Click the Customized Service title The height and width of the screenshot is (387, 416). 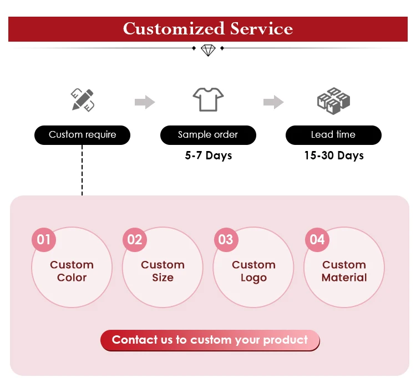coord(208,28)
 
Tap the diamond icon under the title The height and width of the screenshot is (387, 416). coord(208,49)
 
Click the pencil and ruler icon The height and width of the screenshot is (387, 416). coord(83,100)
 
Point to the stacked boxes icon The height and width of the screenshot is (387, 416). coord(333,100)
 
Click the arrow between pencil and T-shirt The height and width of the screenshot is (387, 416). coord(145,102)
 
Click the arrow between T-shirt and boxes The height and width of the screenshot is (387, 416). coord(273,102)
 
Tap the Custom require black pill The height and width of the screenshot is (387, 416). coord(83,135)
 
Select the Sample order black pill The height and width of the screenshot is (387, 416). coord(208,135)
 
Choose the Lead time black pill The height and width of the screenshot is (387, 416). coord(333,135)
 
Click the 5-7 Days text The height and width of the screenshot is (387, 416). coord(208,155)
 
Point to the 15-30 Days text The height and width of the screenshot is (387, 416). coord(333,155)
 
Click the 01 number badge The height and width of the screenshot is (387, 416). coord(44,240)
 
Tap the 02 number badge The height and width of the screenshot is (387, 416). coord(135,240)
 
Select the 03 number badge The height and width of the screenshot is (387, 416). coord(226,240)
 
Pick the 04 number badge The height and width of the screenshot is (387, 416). coord(317,240)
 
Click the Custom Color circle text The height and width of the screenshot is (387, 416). coord(72,271)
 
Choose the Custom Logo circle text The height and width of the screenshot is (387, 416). coord(253,271)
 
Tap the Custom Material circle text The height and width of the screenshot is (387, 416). coord(344,271)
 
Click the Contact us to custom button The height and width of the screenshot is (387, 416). coord(210,340)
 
